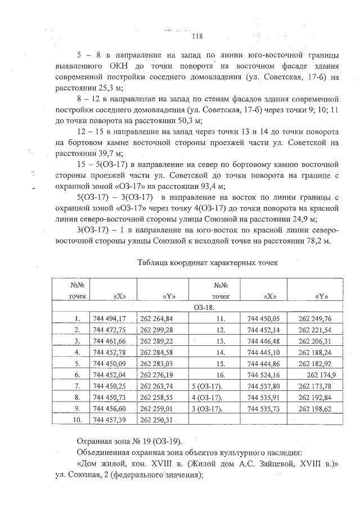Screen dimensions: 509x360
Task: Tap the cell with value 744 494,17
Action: [111, 318]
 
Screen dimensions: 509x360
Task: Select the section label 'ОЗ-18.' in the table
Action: [205, 308]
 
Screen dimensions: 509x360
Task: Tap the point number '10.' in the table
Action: [78, 420]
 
